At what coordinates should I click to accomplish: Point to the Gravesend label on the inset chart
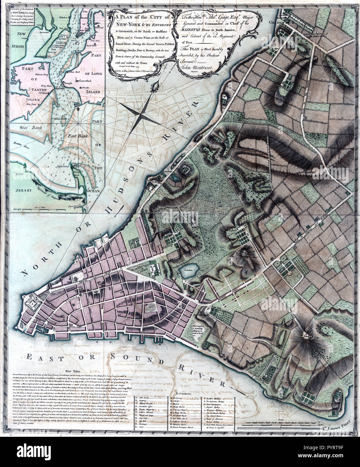click(x=80, y=81)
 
